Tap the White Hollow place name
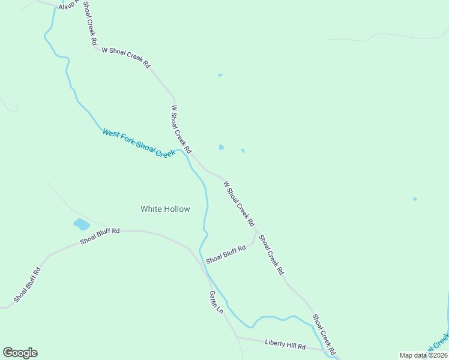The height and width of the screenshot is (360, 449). (x=165, y=209)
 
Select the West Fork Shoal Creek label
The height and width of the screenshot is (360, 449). (x=138, y=143)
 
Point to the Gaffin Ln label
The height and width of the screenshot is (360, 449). (x=216, y=302)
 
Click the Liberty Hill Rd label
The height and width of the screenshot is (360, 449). (x=285, y=344)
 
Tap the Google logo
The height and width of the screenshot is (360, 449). (x=20, y=353)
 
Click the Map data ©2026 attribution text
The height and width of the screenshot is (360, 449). (x=423, y=355)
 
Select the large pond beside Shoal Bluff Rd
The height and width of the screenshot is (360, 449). (x=81, y=224)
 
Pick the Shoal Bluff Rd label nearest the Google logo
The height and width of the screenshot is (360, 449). (x=28, y=284)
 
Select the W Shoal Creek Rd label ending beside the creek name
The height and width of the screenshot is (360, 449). (x=181, y=129)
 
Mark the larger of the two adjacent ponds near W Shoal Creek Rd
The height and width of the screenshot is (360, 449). (x=221, y=147)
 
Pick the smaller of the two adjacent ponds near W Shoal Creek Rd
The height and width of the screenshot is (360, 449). (x=243, y=151)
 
